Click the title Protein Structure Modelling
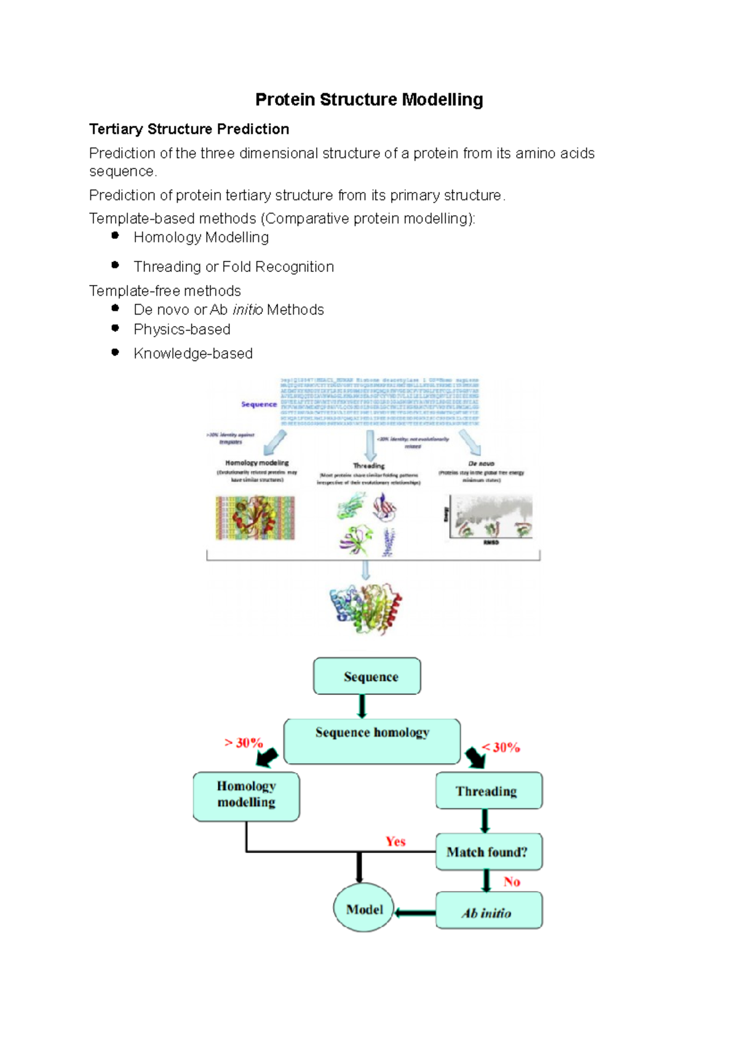pyautogui.click(x=369, y=100)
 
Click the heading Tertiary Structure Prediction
pyautogui.click(x=189, y=129)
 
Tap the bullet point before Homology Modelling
pyautogui.click(x=115, y=236)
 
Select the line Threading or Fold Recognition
pyautogui.click(x=234, y=266)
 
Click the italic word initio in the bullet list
pyautogui.click(x=248, y=310)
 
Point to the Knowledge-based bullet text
pyautogui.click(x=193, y=353)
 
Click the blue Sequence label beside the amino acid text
pyautogui.click(x=259, y=404)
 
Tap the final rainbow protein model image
pyautogui.click(x=366, y=608)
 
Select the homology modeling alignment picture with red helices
pyautogui.click(x=255, y=518)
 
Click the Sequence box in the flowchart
pyautogui.click(x=367, y=676)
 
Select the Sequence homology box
pyautogui.click(x=372, y=740)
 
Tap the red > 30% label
pyautogui.click(x=244, y=743)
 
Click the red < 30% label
pyautogui.click(x=501, y=747)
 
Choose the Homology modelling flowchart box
pyautogui.click(x=246, y=796)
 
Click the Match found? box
pyautogui.click(x=488, y=852)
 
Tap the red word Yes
pyautogui.click(x=395, y=841)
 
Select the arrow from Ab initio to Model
pyautogui.click(x=415, y=912)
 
